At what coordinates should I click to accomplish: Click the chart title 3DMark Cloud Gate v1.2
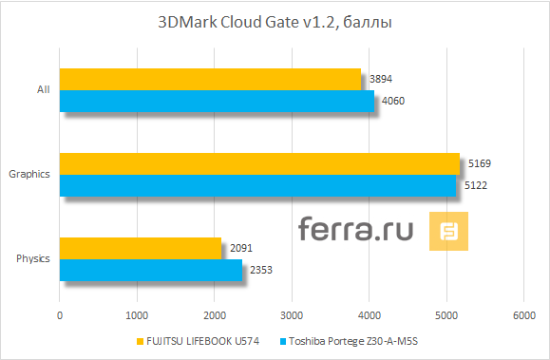275,21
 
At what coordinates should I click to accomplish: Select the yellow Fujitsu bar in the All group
210,79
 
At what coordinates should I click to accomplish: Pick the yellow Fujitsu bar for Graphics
259,163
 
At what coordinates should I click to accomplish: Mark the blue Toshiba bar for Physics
150,270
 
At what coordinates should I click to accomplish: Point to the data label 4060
392,101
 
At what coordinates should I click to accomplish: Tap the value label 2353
260,271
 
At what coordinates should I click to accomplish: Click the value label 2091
240,249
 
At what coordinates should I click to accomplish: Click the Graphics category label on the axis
28,175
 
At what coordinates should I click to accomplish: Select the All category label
43,90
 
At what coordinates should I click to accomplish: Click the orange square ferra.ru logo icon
448,231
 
